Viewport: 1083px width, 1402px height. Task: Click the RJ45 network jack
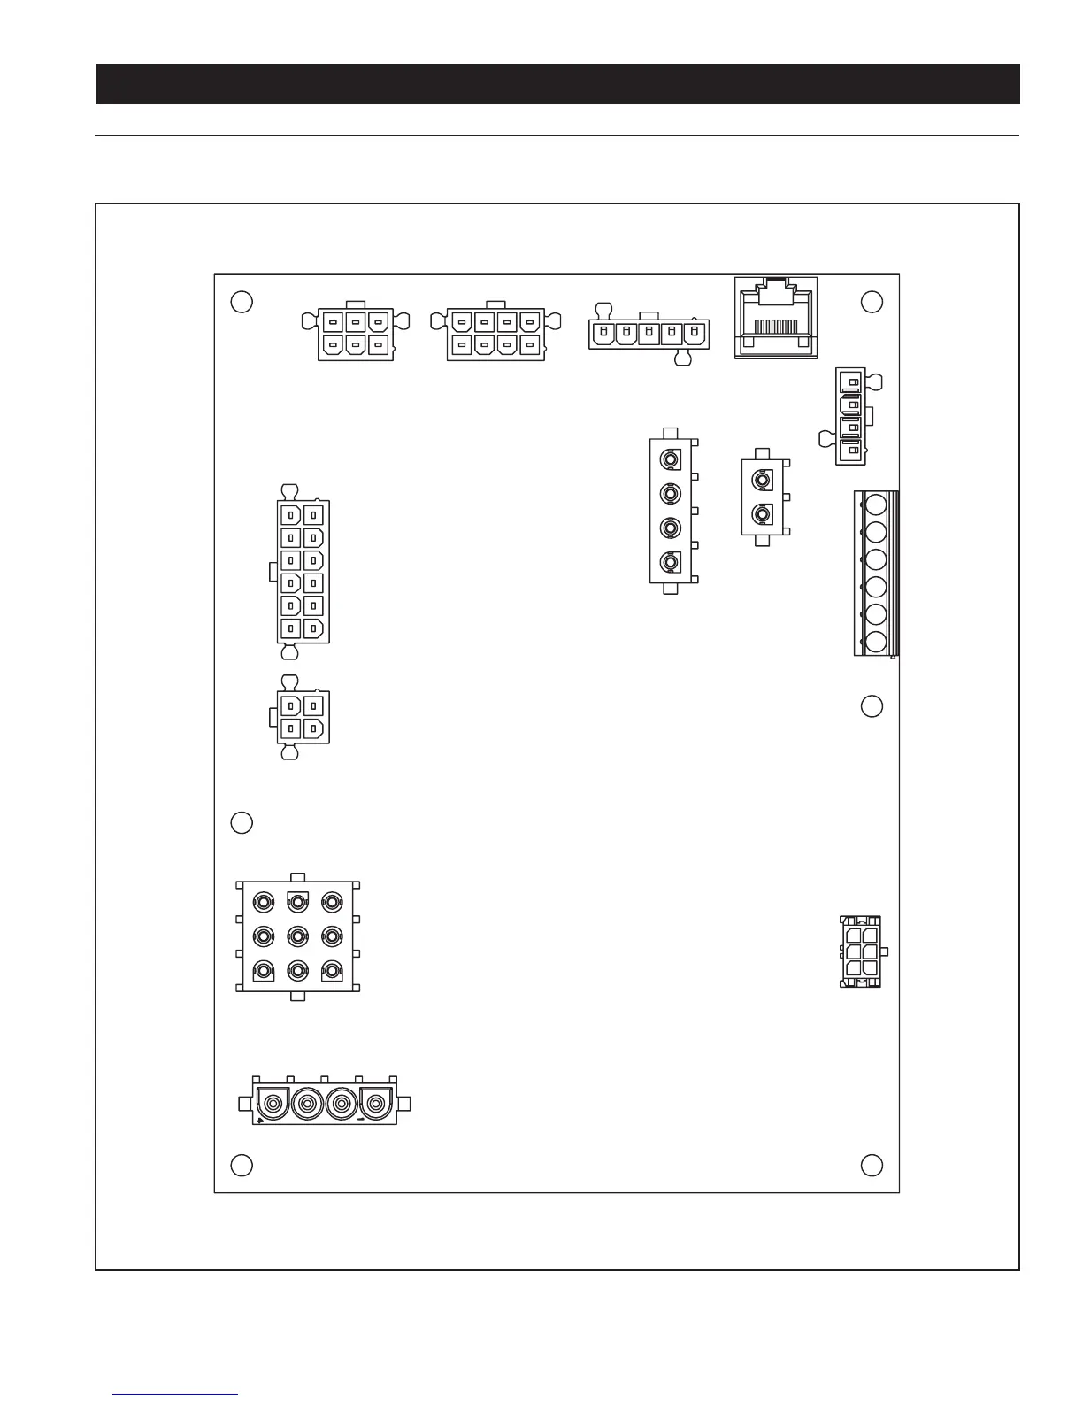point(775,318)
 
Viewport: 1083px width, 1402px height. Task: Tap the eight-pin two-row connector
point(495,334)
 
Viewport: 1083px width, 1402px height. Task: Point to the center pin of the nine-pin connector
point(298,936)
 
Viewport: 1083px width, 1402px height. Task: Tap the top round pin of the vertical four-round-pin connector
point(672,460)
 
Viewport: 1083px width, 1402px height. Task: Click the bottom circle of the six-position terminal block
point(876,642)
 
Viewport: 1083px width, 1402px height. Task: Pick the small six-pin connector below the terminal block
point(860,952)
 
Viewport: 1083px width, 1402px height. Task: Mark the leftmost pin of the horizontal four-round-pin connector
point(274,1105)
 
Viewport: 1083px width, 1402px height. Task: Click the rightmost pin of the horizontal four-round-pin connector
point(378,1105)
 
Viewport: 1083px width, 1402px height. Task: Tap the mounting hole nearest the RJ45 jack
point(872,301)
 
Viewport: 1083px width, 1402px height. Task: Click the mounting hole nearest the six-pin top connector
point(242,301)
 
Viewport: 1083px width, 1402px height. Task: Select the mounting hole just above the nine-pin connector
point(242,822)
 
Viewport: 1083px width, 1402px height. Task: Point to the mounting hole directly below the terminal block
point(872,706)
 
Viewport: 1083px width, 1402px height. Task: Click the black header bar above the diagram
point(557,84)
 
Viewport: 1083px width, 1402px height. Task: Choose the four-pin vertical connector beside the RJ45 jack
point(850,416)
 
